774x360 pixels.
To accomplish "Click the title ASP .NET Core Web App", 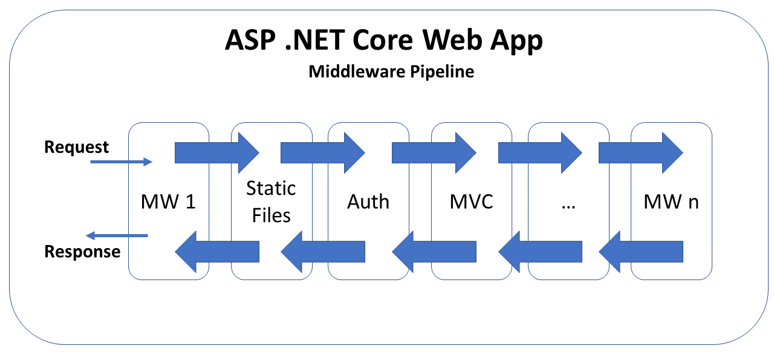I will [x=384, y=41].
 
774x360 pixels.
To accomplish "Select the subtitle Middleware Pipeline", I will [x=391, y=71].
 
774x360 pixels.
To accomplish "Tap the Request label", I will [x=77, y=147].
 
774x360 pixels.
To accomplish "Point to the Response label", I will [x=82, y=252].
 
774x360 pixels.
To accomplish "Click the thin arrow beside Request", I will [x=121, y=162].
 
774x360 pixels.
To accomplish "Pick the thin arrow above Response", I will [x=116, y=235].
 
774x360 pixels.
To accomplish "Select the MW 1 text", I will [x=168, y=201].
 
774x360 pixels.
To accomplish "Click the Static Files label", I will [x=271, y=201].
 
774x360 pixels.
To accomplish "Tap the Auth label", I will [x=368, y=201].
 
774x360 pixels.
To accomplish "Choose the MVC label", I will [x=472, y=201].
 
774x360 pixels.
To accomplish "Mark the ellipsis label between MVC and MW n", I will [x=568, y=205].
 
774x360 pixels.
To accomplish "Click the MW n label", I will [x=671, y=201].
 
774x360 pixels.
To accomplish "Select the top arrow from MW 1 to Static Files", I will [x=216, y=153].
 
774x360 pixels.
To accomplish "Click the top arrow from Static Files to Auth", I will [x=322, y=153].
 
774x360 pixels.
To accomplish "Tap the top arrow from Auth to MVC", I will [x=434, y=153].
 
